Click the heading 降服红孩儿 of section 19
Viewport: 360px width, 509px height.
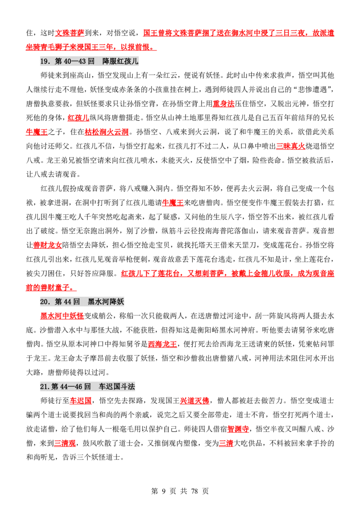(120, 61)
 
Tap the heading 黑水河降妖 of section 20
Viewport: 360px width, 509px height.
(106, 302)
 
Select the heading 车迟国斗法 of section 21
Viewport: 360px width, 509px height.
(117, 386)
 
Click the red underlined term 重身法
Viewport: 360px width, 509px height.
(224, 103)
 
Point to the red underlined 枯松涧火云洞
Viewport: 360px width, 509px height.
(107, 132)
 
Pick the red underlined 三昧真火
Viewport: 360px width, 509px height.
(290, 146)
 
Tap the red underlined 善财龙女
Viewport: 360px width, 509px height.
(47, 245)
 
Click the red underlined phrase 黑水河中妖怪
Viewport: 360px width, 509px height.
(62, 316)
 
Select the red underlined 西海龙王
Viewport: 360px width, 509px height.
(162, 344)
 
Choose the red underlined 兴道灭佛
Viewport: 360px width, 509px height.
(194, 401)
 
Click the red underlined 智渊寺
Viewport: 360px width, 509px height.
(238, 429)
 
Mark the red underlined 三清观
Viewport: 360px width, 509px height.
(65, 443)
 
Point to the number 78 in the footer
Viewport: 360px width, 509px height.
(194, 491)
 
